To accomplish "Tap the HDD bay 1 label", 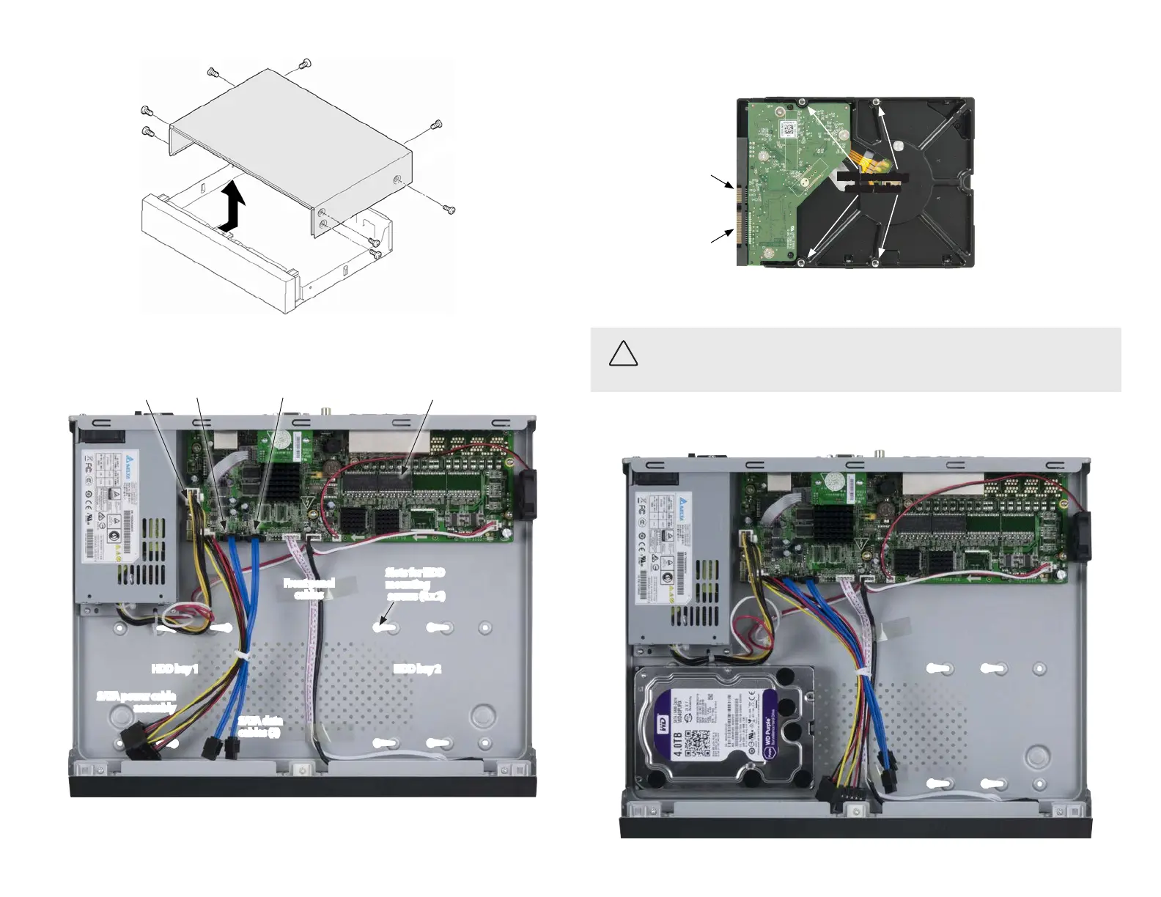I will pyautogui.click(x=174, y=668).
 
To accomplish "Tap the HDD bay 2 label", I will pyautogui.click(x=417, y=668).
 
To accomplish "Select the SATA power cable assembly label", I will pyautogui.click(x=137, y=702).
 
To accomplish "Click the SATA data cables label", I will pyautogui.click(x=259, y=727).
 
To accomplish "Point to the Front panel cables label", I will pyautogui.click(x=309, y=588).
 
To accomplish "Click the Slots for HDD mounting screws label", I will pyautogui.click(x=415, y=584).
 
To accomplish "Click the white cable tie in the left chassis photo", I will pyautogui.click(x=240, y=654).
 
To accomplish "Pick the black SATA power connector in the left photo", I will pyautogui.click(x=138, y=740).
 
